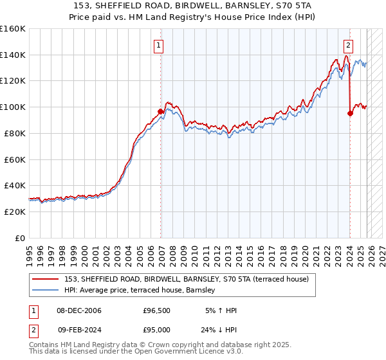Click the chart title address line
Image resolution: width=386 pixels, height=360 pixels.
pos(194,6)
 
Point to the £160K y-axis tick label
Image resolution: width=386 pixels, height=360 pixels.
pos(13,29)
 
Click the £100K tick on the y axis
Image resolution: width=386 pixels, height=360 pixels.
pos(13,107)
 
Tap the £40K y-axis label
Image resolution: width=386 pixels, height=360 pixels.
pos(15,185)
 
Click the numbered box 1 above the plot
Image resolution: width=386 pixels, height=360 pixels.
pos(158,45)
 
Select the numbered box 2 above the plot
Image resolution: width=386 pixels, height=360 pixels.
pos(348,45)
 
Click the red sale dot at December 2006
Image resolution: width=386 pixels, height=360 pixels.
pos(161,112)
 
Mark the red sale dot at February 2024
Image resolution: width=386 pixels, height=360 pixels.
pos(350,114)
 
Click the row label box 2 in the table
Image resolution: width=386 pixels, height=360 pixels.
pos(33,328)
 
